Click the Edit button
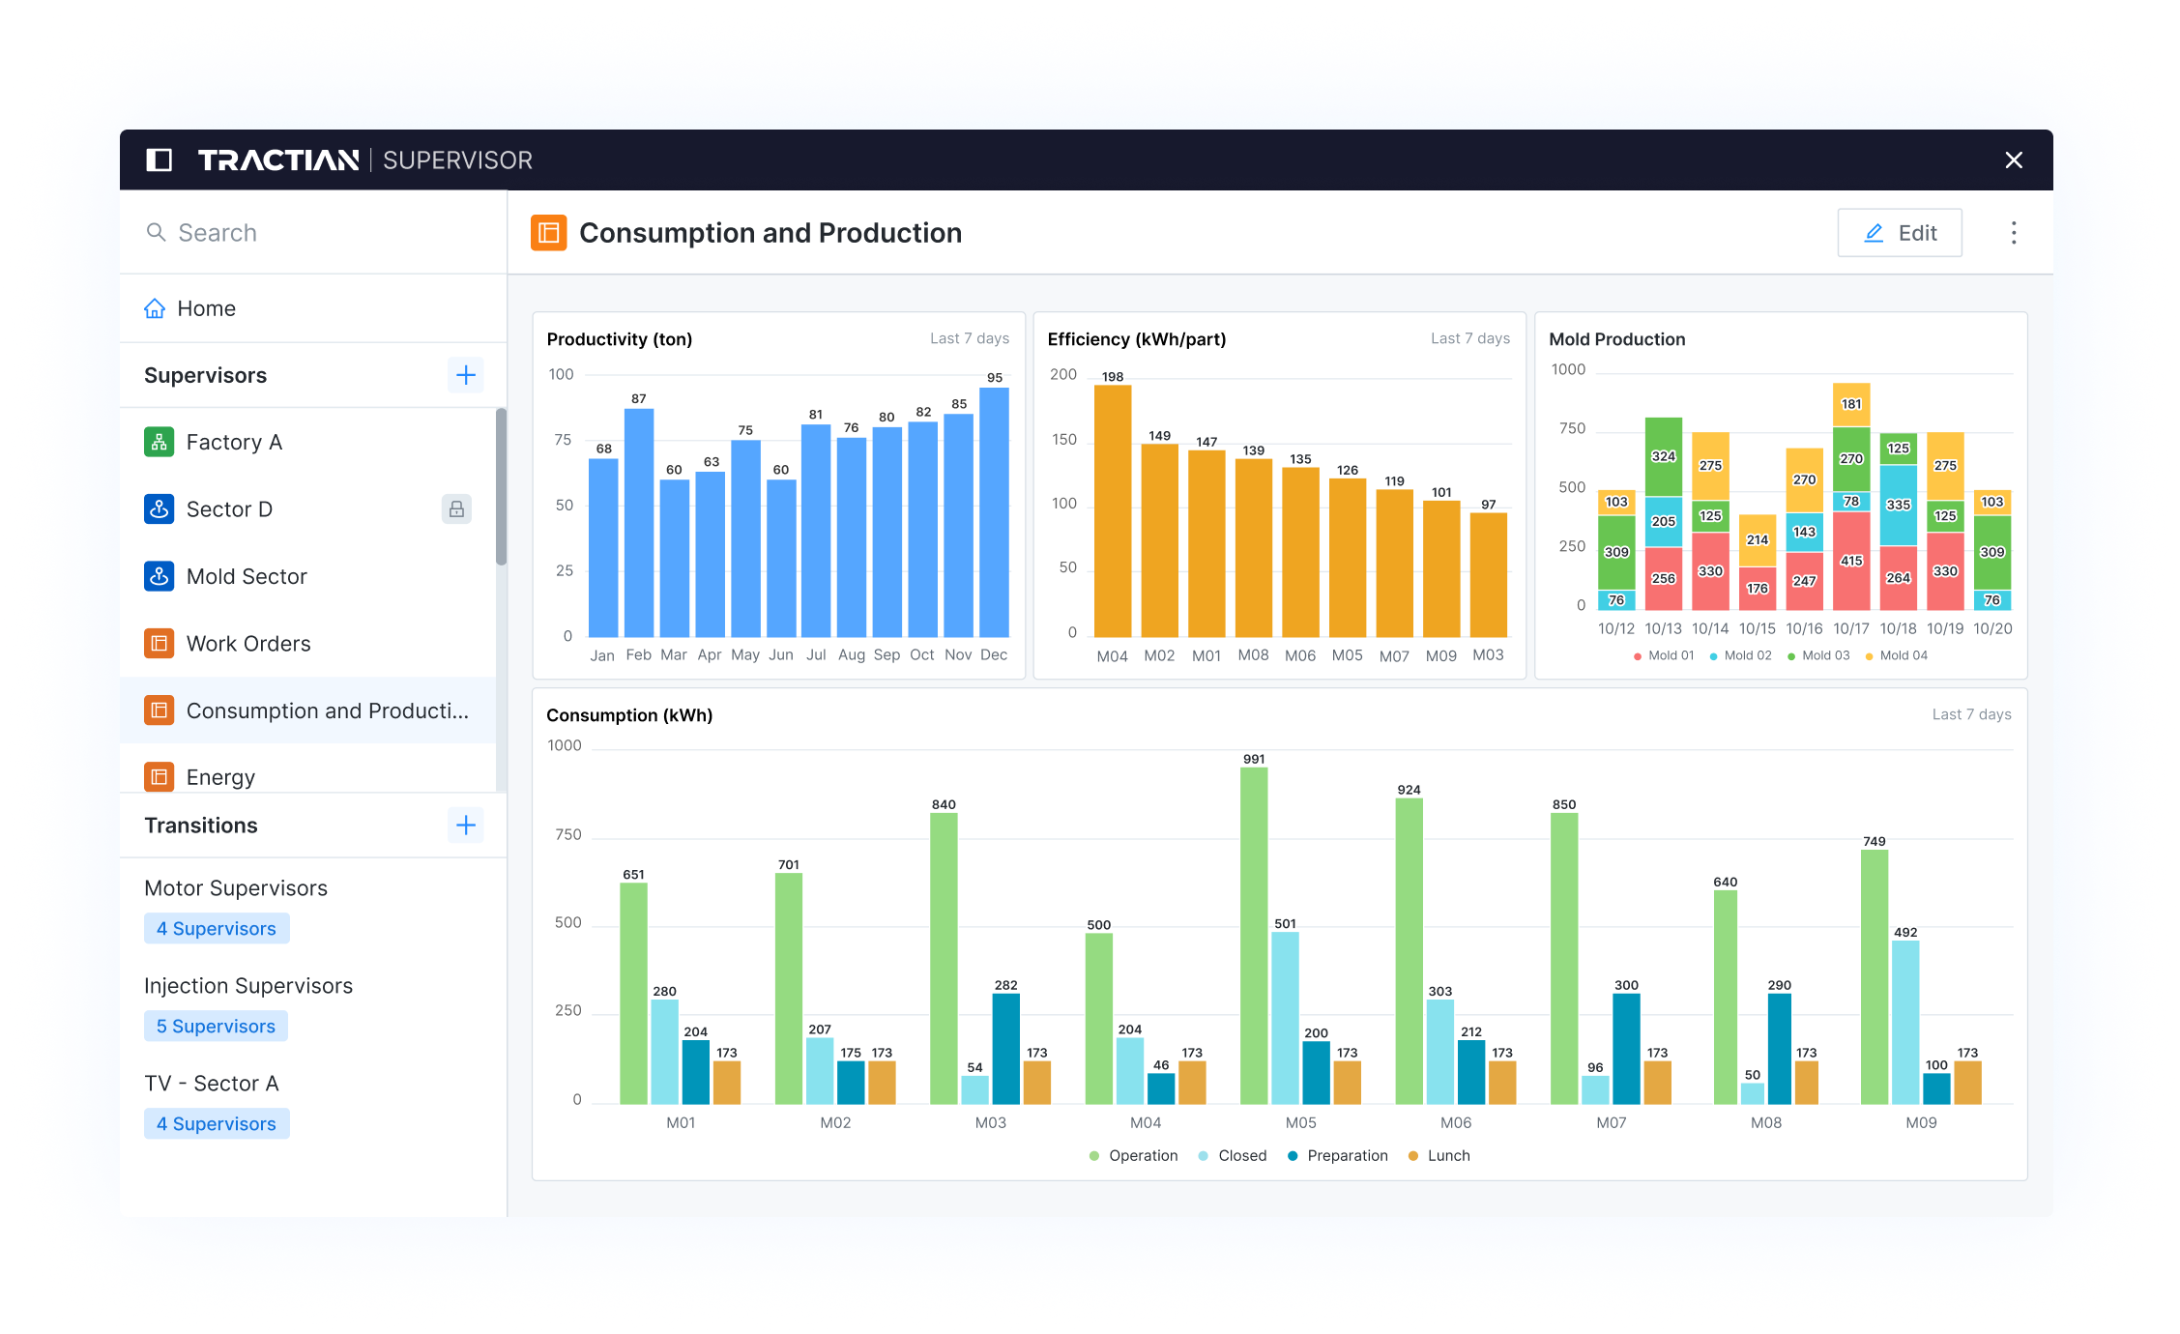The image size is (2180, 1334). (x=1900, y=233)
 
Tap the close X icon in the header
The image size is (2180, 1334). (x=2014, y=160)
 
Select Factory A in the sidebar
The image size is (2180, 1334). (x=234, y=443)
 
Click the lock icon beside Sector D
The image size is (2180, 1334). (x=456, y=509)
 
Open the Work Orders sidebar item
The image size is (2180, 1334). (x=248, y=644)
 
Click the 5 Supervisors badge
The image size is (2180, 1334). (x=216, y=1027)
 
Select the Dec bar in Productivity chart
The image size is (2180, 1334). (x=994, y=512)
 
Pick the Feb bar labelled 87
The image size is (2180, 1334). (x=639, y=522)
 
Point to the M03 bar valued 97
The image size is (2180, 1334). (x=1488, y=574)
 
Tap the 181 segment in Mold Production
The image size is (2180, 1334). (x=1851, y=405)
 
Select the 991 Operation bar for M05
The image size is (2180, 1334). (x=1254, y=935)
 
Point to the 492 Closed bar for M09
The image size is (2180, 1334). (x=1905, y=1022)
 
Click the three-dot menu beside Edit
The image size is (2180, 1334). (x=2014, y=233)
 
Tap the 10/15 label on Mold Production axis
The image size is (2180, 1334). (x=1757, y=628)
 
